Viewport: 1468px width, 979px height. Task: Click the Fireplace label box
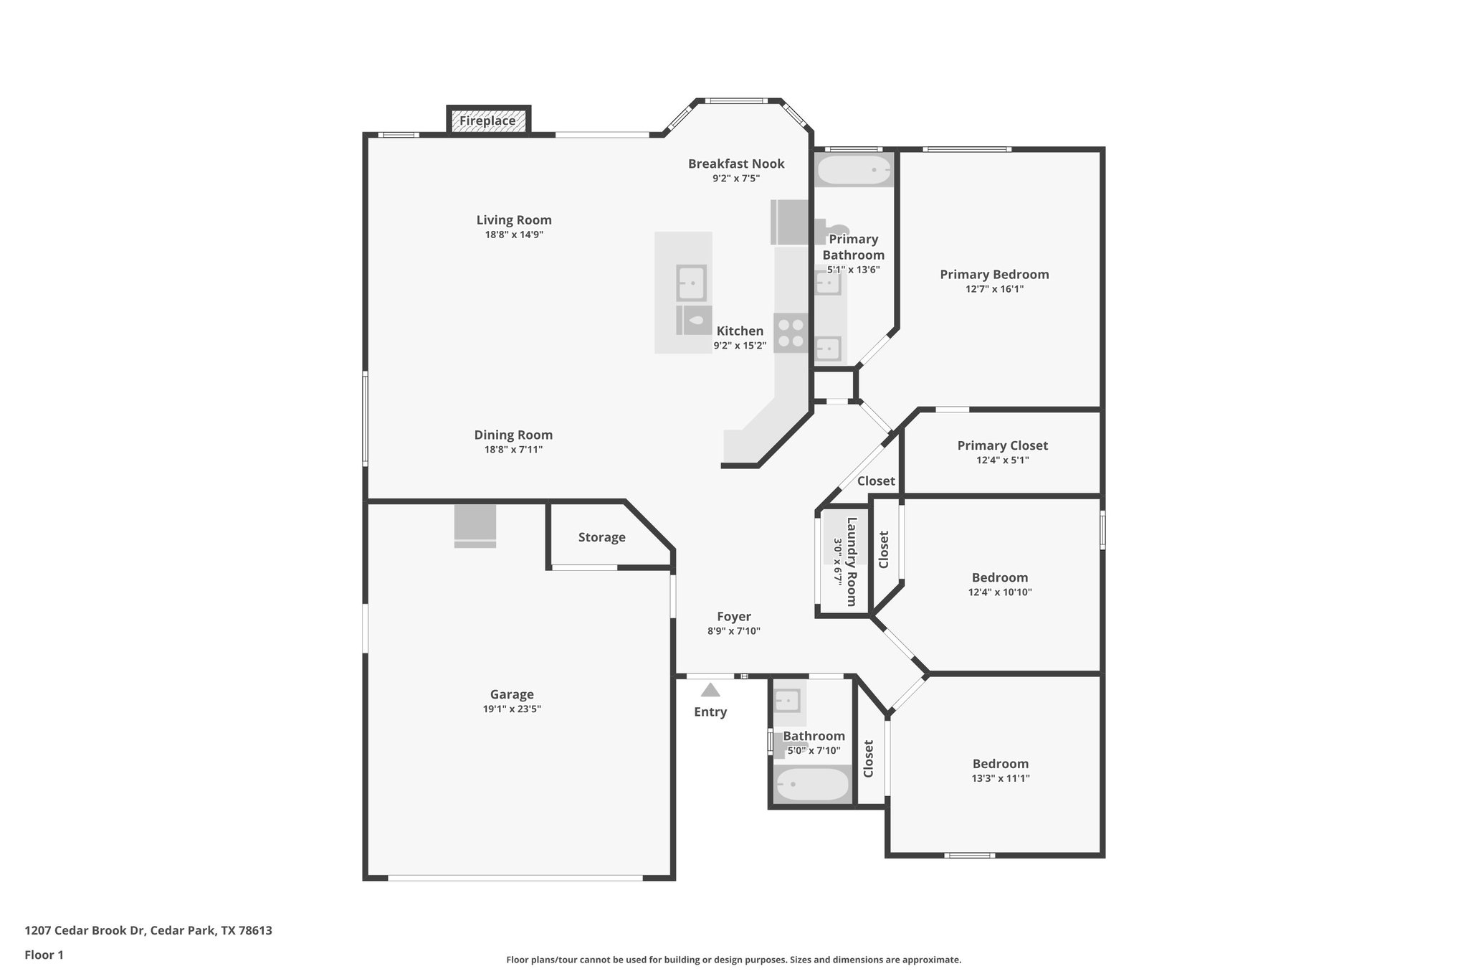click(x=488, y=120)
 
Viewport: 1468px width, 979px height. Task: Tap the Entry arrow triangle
click(x=710, y=690)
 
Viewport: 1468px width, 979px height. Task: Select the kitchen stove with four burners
click(x=791, y=333)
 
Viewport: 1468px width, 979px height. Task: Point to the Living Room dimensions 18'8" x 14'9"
click(x=514, y=235)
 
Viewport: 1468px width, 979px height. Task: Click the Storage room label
click(x=601, y=537)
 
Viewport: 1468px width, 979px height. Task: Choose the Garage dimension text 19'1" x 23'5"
click(x=512, y=709)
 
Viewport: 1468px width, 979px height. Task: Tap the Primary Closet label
click(x=1002, y=445)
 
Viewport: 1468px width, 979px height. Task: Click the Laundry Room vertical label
click(x=852, y=562)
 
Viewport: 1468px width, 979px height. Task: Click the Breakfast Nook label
click(x=736, y=164)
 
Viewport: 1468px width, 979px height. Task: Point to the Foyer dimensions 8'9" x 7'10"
click(x=733, y=631)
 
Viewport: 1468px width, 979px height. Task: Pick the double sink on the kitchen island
click(x=692, y=283)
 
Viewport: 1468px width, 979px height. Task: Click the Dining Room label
click(x=513, y=435)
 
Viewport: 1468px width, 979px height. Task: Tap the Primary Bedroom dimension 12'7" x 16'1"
click(x=994, y=289)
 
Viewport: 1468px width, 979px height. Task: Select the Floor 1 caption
click(x=44, y=955)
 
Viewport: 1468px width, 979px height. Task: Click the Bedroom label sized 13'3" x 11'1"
click(x=1000, y=764)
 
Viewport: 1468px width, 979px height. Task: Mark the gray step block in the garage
click(x=475, y=526)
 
